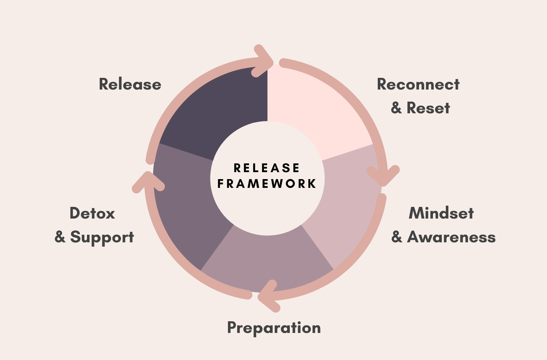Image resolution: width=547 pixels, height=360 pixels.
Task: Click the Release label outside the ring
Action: (x=130, y=84)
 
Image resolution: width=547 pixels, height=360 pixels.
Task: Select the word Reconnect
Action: (x=418, y=84)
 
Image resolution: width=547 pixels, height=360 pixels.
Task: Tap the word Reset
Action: (x=428, y=108)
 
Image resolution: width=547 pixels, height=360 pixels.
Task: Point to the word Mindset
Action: (x=441, y=213)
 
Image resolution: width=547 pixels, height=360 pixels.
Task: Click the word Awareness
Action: (x=451, y=237)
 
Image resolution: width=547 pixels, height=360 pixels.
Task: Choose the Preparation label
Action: (x=274, y=328)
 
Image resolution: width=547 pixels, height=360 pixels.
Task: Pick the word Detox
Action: (x=92, y=213)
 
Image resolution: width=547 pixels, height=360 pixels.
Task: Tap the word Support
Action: (x=102, y=238)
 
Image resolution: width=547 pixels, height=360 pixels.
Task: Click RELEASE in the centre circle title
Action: (x=267, y=168)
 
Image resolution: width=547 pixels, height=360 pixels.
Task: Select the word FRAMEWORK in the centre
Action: (x=267, y=183)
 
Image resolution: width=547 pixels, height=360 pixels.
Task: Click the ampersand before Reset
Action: (x=396, y=108)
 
